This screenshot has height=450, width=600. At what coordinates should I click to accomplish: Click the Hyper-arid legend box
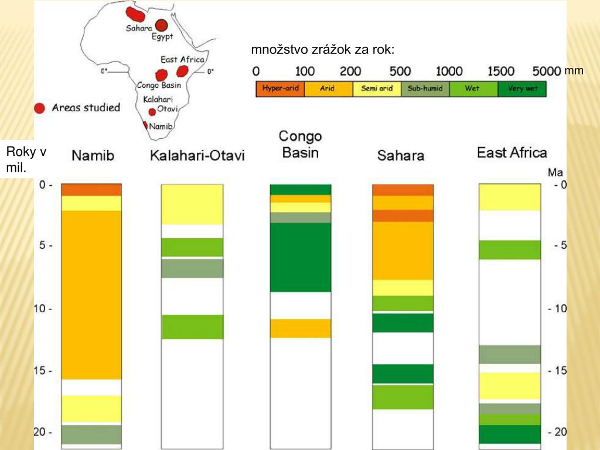[x=280, y=89]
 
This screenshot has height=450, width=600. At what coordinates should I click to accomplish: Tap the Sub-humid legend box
[x=425, y=89]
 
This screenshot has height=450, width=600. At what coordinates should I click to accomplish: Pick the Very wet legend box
[x=522, y=89]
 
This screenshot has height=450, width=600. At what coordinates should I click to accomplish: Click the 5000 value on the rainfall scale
[x=547, y=71]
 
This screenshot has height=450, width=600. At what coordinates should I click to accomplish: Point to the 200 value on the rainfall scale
[x=350, y=71]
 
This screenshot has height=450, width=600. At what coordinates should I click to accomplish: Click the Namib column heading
[x=93, y=156]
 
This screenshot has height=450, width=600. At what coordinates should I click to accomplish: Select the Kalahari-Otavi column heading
[x=197, y=156]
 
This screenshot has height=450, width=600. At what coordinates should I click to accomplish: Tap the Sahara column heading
[x=401, y=156]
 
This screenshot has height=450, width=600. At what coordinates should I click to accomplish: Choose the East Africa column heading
[x=512, y=154]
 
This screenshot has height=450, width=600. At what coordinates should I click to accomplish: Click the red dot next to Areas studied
[x=39, y=108]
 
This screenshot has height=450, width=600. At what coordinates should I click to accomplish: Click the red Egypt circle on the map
[x=161, y=25]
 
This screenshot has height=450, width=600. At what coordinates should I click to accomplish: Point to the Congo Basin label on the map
[x=158, y=85]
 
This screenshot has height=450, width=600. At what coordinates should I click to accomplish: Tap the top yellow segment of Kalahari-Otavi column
[x=192, y=204]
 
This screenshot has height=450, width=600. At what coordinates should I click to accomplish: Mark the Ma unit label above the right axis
[x=555, y=173]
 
